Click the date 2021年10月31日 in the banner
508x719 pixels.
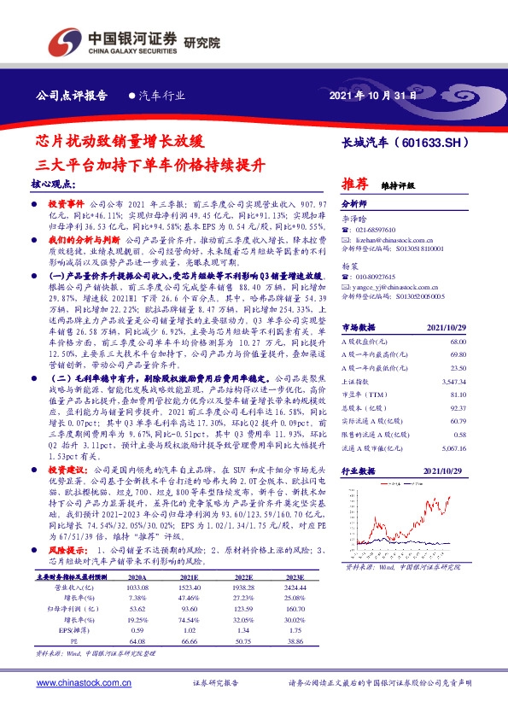(x=374, y=96)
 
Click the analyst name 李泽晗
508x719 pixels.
(x=352, y=219)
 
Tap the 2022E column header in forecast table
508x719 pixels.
(x=242, y=552)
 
